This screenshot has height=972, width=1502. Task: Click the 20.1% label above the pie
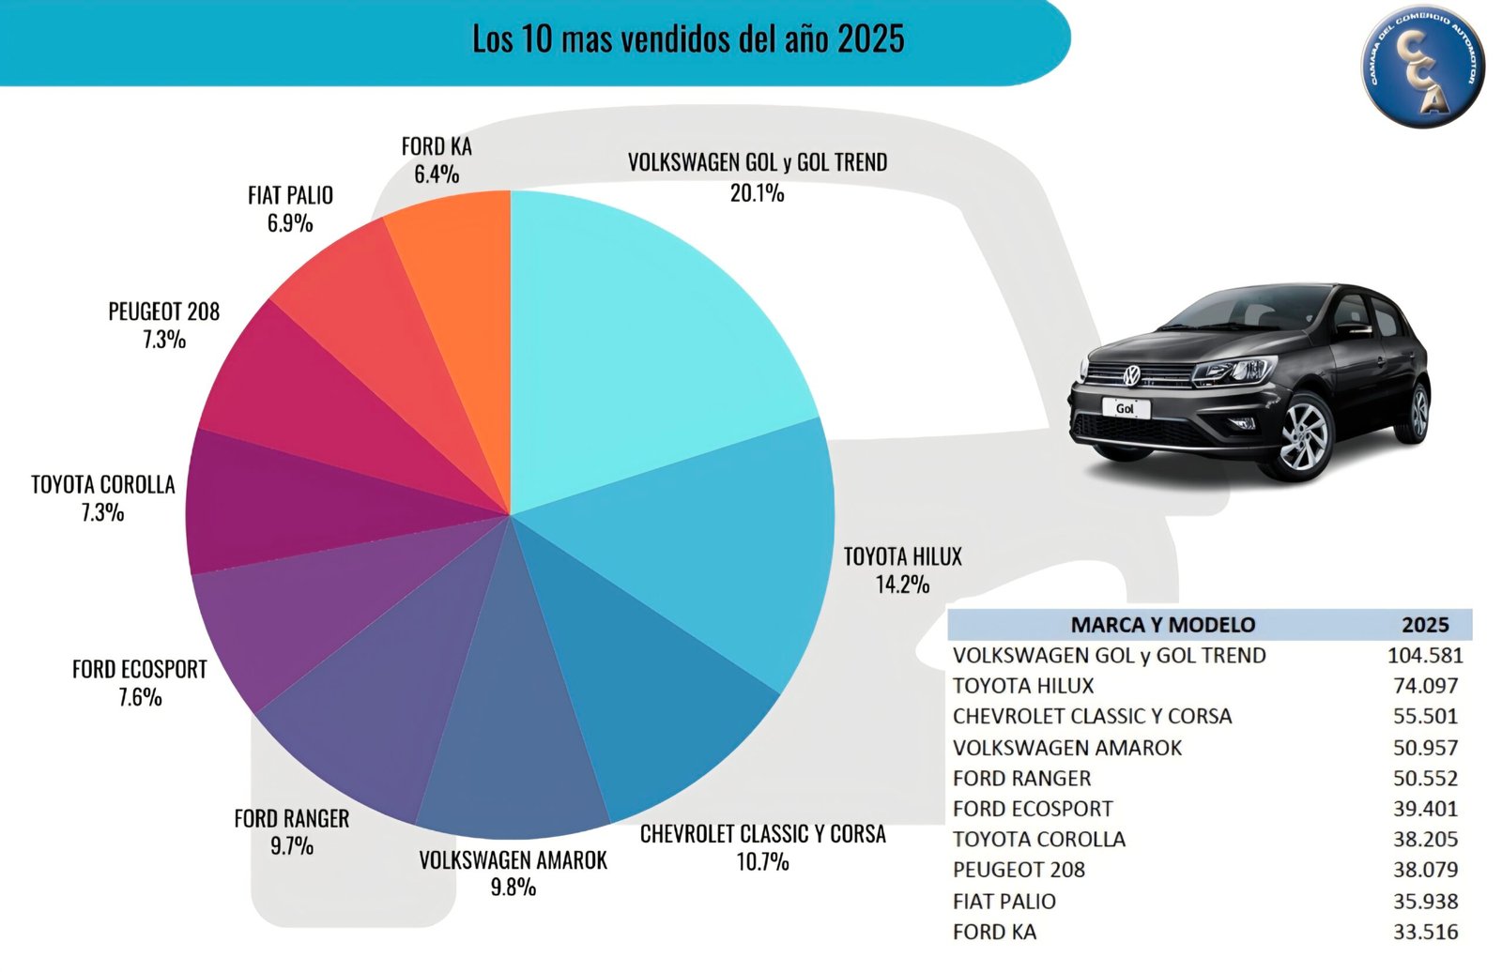[x=757, y=193]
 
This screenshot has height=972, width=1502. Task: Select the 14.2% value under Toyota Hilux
[x=902, y=585]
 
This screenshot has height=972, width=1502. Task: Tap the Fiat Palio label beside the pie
[x=290, y=195]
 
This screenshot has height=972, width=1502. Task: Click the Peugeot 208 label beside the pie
[x=163, y=311]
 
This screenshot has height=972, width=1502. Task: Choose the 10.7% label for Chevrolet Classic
[x=762, y=861]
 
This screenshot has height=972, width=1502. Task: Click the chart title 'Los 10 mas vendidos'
[x=688, y=39]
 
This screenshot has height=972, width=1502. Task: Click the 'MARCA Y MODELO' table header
[x=1162, y=625]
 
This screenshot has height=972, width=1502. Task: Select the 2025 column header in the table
[x=1424, y=625]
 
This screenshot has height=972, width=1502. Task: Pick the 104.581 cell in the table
[x=1424, y=656]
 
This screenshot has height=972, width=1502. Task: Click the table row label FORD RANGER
[x=1021, y=779]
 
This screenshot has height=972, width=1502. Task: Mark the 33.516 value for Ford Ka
[x=1425, y=932]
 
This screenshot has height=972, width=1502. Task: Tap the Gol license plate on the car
[x=1125, y=408]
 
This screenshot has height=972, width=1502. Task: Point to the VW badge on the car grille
[x=1132, y=375]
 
